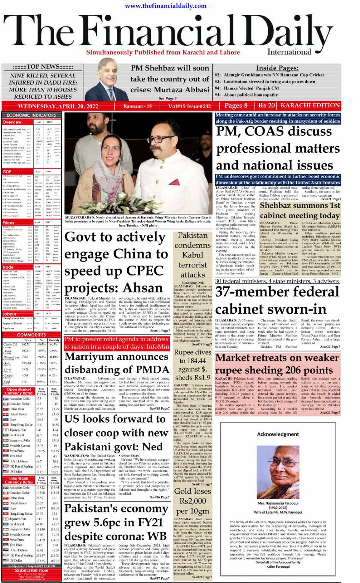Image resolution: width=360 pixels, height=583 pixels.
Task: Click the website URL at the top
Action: point(166,6)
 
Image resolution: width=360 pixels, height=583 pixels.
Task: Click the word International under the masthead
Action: point(289,52)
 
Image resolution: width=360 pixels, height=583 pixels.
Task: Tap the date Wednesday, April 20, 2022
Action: point(58,106)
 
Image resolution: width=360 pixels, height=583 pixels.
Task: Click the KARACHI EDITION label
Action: point(310,106)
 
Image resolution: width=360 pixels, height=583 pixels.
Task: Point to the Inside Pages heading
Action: point(277,68)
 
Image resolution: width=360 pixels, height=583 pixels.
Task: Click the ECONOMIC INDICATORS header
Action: point(31,115)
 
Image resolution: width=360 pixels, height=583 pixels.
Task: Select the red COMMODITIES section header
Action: point(31,335)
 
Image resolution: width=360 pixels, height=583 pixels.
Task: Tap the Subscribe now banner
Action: point(31,570)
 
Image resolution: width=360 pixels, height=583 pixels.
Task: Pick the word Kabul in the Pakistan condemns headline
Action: point(192,255)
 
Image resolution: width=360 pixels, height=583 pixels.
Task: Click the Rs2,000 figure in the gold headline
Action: point(192,501)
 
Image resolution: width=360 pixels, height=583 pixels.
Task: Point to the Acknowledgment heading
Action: point(278,434)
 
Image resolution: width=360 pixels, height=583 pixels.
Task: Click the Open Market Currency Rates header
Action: point(19,391)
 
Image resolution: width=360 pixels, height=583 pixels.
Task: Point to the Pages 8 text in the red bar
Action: point(236,106)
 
